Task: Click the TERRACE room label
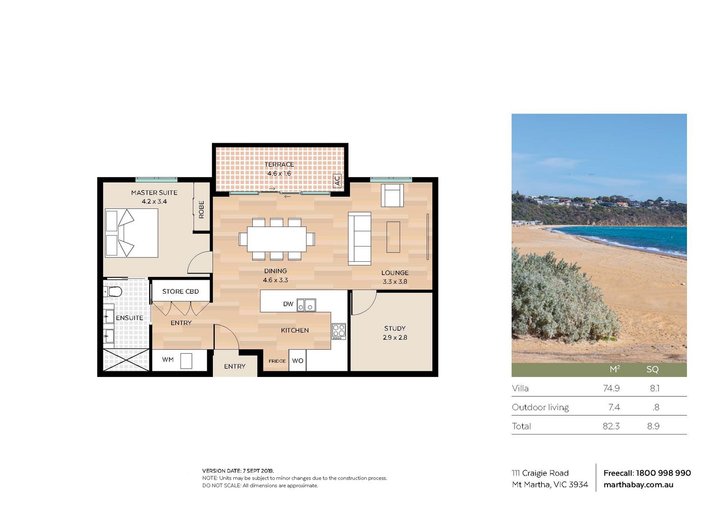[279, 164]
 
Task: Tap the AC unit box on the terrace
[337, 181]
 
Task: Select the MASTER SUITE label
[154, 192]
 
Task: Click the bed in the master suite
[131, 233]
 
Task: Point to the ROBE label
[201, 209]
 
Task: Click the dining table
[277, 239]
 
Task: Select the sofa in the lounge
[359, 238]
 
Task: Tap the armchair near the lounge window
[392, 195]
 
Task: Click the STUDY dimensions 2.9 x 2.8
[395, 337]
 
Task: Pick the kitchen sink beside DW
[306, 305]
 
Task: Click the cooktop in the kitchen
[339, 331]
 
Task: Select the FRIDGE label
[277, 361]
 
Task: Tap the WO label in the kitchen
[298, 361]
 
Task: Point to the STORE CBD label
[180, 291]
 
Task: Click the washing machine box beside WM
[186, 361]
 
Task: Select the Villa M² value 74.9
[611, 388]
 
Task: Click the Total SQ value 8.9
[653, 426]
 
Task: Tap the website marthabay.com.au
[638, 485]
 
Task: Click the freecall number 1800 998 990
[663, 473]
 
